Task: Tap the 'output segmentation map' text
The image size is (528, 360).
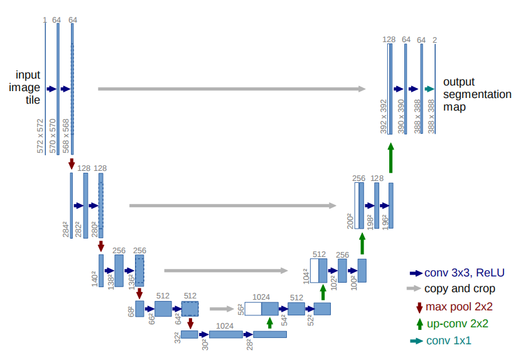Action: pyautogui.click(x=477, y=94)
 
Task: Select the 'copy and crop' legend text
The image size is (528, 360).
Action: pyautogui.click(x=460, y=289)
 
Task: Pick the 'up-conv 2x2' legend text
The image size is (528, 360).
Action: pyautogui.click(x=456, y=324)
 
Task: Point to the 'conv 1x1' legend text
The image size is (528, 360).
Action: pyautogui.click(x=448, y=341)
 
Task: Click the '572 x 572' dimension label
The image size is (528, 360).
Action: pyautogui.click(x=40, y=134)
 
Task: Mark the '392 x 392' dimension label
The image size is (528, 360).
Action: pyautogui.click(x=383, y=116)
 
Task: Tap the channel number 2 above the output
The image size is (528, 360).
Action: pyautogui.click(x=435, y=40)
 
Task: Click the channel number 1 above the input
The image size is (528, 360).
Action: pyautogui.click(x=45, y=20)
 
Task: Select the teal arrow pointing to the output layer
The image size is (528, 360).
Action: pyautogui.click(x=429, y=89)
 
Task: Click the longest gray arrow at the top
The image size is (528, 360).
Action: pyautogui.click(x=232, y=89)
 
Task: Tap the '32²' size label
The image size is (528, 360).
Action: pyautogui.click(x=178, y=337)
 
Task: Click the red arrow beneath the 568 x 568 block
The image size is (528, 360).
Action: pyautogui.click(x=72, y=163)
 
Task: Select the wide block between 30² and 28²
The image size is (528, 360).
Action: pyautogui.click(x=226, y=334)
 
